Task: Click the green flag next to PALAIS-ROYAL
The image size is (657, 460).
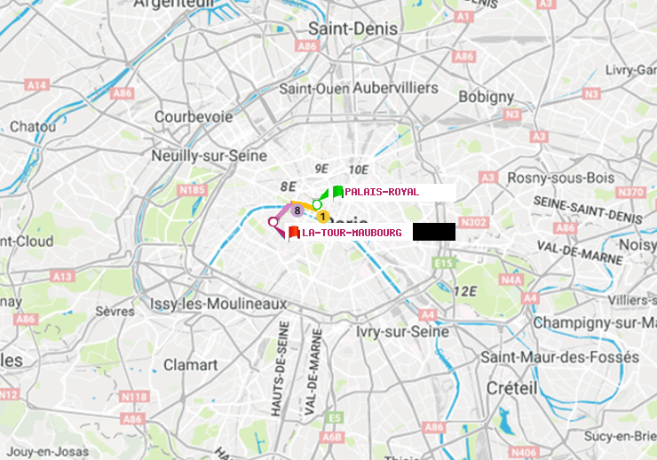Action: coord(338,191)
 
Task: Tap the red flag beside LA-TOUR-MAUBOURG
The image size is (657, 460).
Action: coord(294,233)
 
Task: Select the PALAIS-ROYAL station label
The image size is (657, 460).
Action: coord(382,192)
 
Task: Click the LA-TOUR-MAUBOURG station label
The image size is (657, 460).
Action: coord(352,233)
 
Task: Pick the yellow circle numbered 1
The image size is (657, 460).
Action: coord(322,217)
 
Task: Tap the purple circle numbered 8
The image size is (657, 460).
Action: coord(297,210)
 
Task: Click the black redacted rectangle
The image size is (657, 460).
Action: coord(433,232)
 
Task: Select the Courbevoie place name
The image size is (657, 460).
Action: coord(194,116)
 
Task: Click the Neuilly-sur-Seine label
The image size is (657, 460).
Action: coord(210,155)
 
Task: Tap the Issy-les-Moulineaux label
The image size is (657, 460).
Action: coord(218,304)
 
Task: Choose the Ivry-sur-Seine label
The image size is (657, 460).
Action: coord(402,331)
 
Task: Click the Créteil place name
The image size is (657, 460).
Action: coord(511,389)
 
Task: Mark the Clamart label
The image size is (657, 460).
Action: coord(190,365)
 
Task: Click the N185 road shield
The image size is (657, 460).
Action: coord(192,189)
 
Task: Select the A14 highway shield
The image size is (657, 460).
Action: coord(36,84)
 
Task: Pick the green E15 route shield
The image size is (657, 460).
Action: coord(444,263)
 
